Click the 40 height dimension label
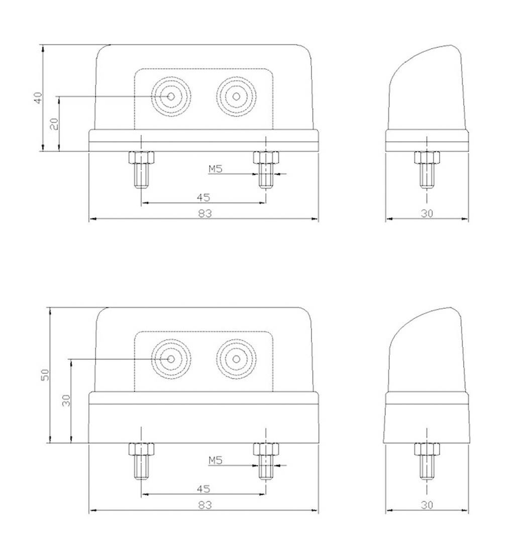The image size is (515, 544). coord(37,98)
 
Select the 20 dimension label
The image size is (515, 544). coord(54,123)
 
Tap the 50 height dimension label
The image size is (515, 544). coord(45,375)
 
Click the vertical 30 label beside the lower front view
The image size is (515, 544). coord(66,400)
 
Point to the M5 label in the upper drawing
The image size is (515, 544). coord(216,169)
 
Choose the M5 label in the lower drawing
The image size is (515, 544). coord(216,460)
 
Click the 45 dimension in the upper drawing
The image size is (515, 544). coord(203,197)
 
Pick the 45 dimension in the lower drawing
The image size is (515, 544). coord(203,489)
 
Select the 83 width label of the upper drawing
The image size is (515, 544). coord(204,213)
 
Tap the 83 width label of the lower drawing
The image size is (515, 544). coord(204,505)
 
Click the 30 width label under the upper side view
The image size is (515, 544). coord(427,213)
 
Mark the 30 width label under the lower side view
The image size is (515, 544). coord(427,505)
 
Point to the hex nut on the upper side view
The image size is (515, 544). coord(427,157)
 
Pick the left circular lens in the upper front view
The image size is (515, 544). coord(171,96)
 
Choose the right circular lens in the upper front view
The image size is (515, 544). coord(236,96)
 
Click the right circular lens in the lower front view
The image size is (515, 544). coord(236,359)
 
